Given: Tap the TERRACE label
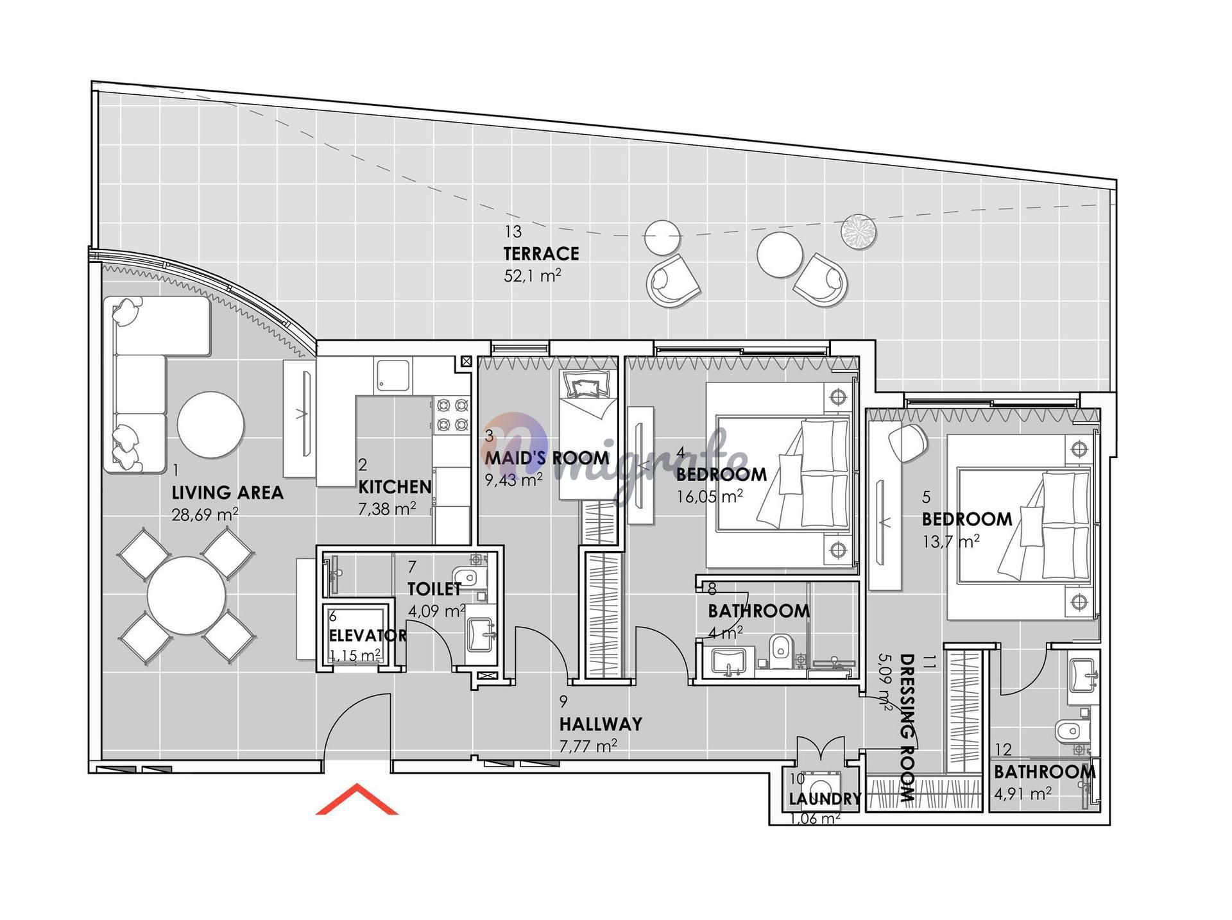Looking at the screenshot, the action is pyautogui.click(x=541, y=254).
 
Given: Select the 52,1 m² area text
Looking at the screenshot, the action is pyautogui.click(x=533, y=276).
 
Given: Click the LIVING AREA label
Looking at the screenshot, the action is pyautogui.click(x=227, y=493).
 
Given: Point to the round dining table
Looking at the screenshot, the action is pyautogui.click(x=187, y=595).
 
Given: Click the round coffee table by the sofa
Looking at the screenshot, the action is pyautogui.click(x=210, y=424).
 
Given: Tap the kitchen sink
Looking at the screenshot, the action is pyautogui.click(x=393, y=375).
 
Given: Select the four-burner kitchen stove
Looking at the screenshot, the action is pyautogui.click(x=452, y=415).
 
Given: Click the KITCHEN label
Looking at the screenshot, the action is pyautogui.click(x=395, y=487).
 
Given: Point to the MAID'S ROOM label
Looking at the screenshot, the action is pyautogui.click(x=547, y=458).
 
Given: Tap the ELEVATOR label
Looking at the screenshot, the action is pyautogui.click(x=367, y=635).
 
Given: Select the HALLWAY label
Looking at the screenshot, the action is pyautogui.click(x=601, y=724).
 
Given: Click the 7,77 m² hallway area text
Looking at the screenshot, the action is pyautogui.click(x=588, y=746).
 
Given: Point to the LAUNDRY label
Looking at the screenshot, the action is pyautogui.click(x=825, y=799).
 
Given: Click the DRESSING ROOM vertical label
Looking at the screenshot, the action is pyautogui.click(x=906, y=728).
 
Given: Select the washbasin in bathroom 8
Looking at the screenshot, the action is pyautogui.click(x=728, y=661).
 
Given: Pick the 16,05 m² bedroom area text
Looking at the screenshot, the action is pyautogui.click(x=710, y=497).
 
